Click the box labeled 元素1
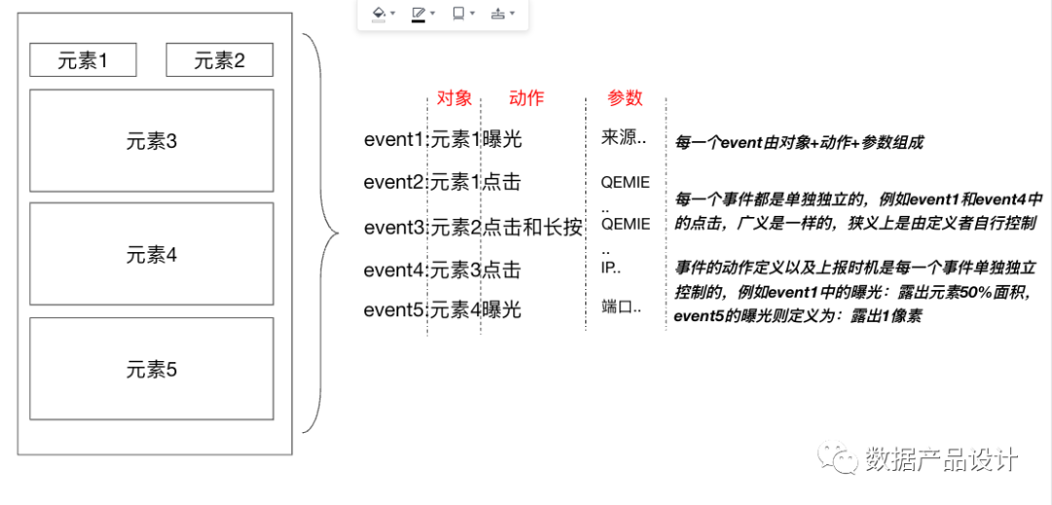83,59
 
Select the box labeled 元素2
219,59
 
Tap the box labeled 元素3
152,141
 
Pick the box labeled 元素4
152,254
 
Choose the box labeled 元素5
152,369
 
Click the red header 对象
454,98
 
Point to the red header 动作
526,98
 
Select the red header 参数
625,98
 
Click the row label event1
394,140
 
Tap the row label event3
394,228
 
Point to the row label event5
394,310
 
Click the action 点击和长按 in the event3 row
532,228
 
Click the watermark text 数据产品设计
941,459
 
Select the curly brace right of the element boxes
321,234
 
